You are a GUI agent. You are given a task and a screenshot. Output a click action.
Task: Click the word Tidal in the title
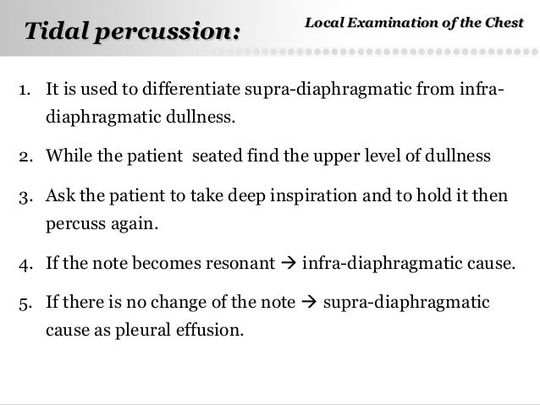58,32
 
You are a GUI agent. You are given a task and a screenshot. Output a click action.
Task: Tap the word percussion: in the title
168,32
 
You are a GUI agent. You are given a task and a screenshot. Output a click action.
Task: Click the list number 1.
25,87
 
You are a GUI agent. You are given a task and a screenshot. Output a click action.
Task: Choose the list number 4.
25,265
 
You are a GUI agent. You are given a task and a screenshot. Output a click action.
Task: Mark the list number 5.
25,303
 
